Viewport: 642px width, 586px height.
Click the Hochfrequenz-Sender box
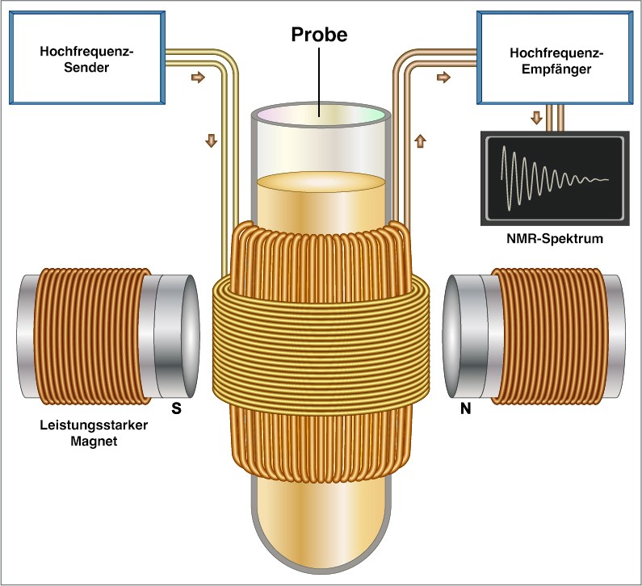click(x=87, y=57)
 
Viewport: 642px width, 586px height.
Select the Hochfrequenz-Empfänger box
click(x=556, y=57)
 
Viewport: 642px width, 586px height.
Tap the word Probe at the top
click(x=319, y=35)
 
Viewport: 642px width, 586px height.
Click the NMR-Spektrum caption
click(x=555, y=239)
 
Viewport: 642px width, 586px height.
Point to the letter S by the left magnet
click(x=177, y=408)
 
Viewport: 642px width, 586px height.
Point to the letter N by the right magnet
click(x=465, y=408)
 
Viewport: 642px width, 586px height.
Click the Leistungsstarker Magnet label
click(x=94, y=433)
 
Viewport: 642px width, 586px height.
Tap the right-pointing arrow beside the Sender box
click(x=198, y=77)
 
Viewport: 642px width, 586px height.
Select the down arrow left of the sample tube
click(x=212, y=140)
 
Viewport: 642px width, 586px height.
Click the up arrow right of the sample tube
click(x=421, y=141)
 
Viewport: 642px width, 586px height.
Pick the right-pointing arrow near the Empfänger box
click(x=444, y=77)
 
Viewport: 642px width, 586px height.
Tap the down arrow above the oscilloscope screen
click(x=536, y=118)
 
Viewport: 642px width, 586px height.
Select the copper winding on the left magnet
click(x=92, y=337)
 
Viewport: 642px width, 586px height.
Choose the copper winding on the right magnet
click(x=548, y=337)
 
